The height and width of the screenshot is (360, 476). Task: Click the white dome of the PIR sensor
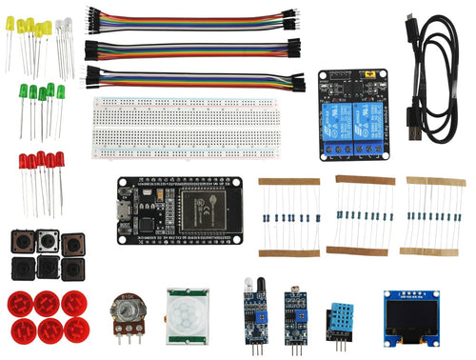[189, 315]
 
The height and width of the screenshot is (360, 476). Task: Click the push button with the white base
[49, 242]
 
